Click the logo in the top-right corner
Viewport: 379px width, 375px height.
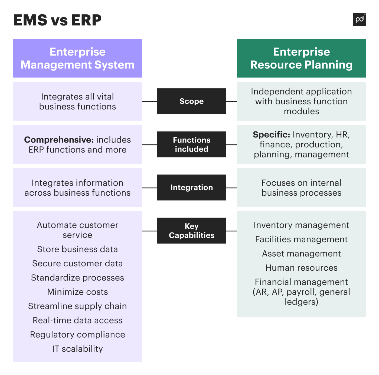359,20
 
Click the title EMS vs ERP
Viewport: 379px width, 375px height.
57,20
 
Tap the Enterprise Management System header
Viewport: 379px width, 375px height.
77,58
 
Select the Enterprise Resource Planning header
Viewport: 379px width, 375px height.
301,58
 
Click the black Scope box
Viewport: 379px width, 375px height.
191,101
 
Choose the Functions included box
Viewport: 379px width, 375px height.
191,144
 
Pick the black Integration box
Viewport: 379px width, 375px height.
191,187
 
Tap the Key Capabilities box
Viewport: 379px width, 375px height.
191,231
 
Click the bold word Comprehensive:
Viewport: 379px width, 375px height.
59,140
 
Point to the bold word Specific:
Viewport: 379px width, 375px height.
271,135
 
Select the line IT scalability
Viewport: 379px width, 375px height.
77,349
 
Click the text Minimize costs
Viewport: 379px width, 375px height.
77,292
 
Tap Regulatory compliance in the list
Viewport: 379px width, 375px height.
77,335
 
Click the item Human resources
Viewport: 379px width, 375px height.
301,268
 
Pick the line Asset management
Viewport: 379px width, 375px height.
301,254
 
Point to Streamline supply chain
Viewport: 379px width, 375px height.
77,306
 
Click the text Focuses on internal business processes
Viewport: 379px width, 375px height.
301,188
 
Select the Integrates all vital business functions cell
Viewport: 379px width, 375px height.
77,102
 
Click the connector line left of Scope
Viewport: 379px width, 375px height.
149,102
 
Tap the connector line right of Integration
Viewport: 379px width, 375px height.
231,188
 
